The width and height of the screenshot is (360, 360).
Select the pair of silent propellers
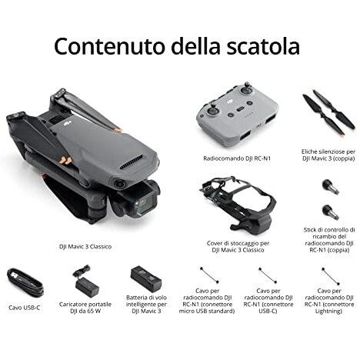[328, 111]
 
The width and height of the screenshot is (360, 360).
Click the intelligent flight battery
[145, 278]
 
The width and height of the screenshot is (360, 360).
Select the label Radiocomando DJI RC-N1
[232, 157]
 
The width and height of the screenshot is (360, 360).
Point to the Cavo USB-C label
[25, 308]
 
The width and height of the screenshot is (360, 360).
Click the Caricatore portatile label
[86, 304]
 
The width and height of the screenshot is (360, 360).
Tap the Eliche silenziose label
[328, 153]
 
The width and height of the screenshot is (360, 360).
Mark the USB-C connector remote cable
[267, 275]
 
